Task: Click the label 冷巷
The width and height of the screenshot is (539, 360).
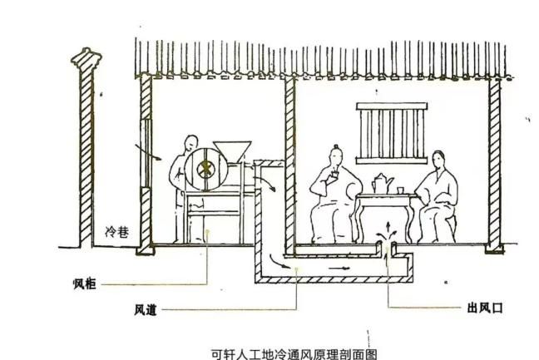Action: coord(117,232)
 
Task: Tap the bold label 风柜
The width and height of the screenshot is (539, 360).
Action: coord(85,284)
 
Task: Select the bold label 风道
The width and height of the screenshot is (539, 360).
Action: coord(146,310)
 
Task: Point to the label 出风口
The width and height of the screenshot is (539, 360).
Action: coord(485,308)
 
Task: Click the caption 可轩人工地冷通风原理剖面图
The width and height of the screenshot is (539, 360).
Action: coord(294,354)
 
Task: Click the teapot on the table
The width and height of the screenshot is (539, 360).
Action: coord(382,183)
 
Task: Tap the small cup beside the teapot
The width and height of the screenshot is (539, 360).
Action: coord(400,190)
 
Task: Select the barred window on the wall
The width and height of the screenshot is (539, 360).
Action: coord(392,133)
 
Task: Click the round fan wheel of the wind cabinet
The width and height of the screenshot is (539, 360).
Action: coord(206,169)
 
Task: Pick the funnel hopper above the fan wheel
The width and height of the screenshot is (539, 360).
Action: coord(232,151)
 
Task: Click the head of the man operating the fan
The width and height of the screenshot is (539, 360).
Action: coord(191,143)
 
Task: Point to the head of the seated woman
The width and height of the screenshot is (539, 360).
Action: coord(438,160)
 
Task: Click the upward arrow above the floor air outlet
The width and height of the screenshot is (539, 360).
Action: coord(388,228)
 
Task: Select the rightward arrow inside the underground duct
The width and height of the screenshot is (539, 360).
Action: coord(339,268)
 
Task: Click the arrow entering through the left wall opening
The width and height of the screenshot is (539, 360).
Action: coord(148,152)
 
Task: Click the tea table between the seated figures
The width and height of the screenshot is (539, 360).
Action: coord(384,217)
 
